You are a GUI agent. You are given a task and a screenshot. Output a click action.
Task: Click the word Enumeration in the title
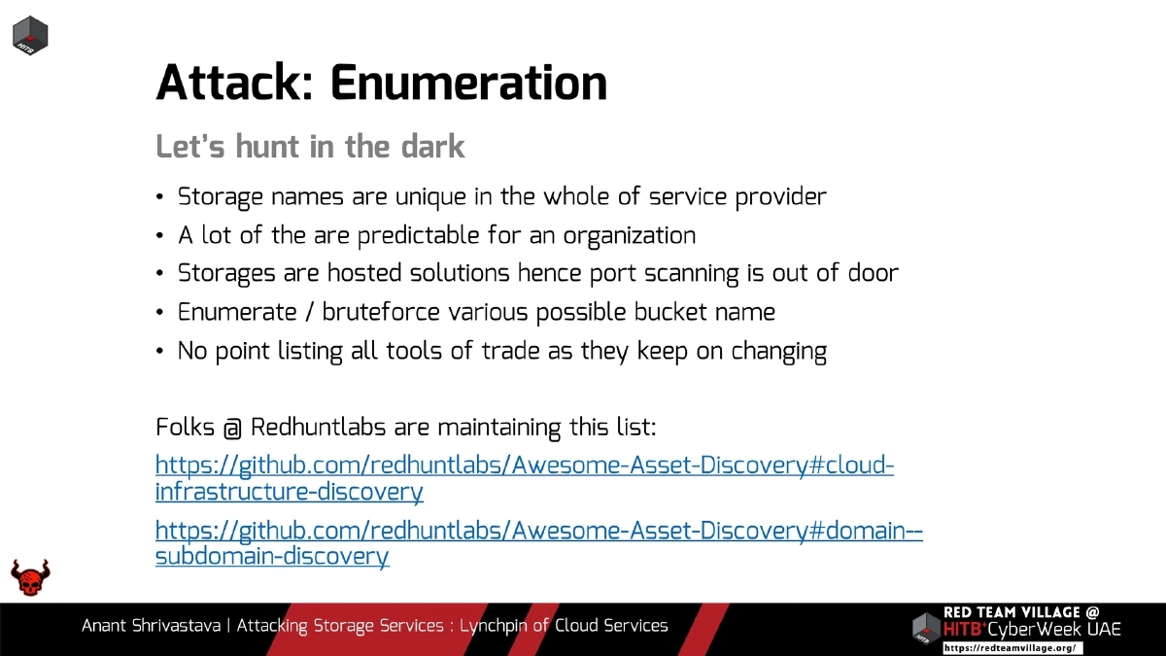click(468, 83)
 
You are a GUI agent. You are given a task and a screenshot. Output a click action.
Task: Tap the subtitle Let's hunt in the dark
click(310, 147)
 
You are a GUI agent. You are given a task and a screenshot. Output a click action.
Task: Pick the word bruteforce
click(383, 312)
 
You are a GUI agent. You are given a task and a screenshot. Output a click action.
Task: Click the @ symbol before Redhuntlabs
click(231, 428)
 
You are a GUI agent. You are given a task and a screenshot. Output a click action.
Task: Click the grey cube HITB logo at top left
click(31, 36)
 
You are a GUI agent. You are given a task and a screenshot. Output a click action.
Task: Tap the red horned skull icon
click(30, 577)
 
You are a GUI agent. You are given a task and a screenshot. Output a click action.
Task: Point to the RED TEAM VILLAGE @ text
click(1021, 612)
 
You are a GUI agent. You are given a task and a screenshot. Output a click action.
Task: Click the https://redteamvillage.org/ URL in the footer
click(1011, 647)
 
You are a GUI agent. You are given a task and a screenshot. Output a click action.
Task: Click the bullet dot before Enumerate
click(160, 314)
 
